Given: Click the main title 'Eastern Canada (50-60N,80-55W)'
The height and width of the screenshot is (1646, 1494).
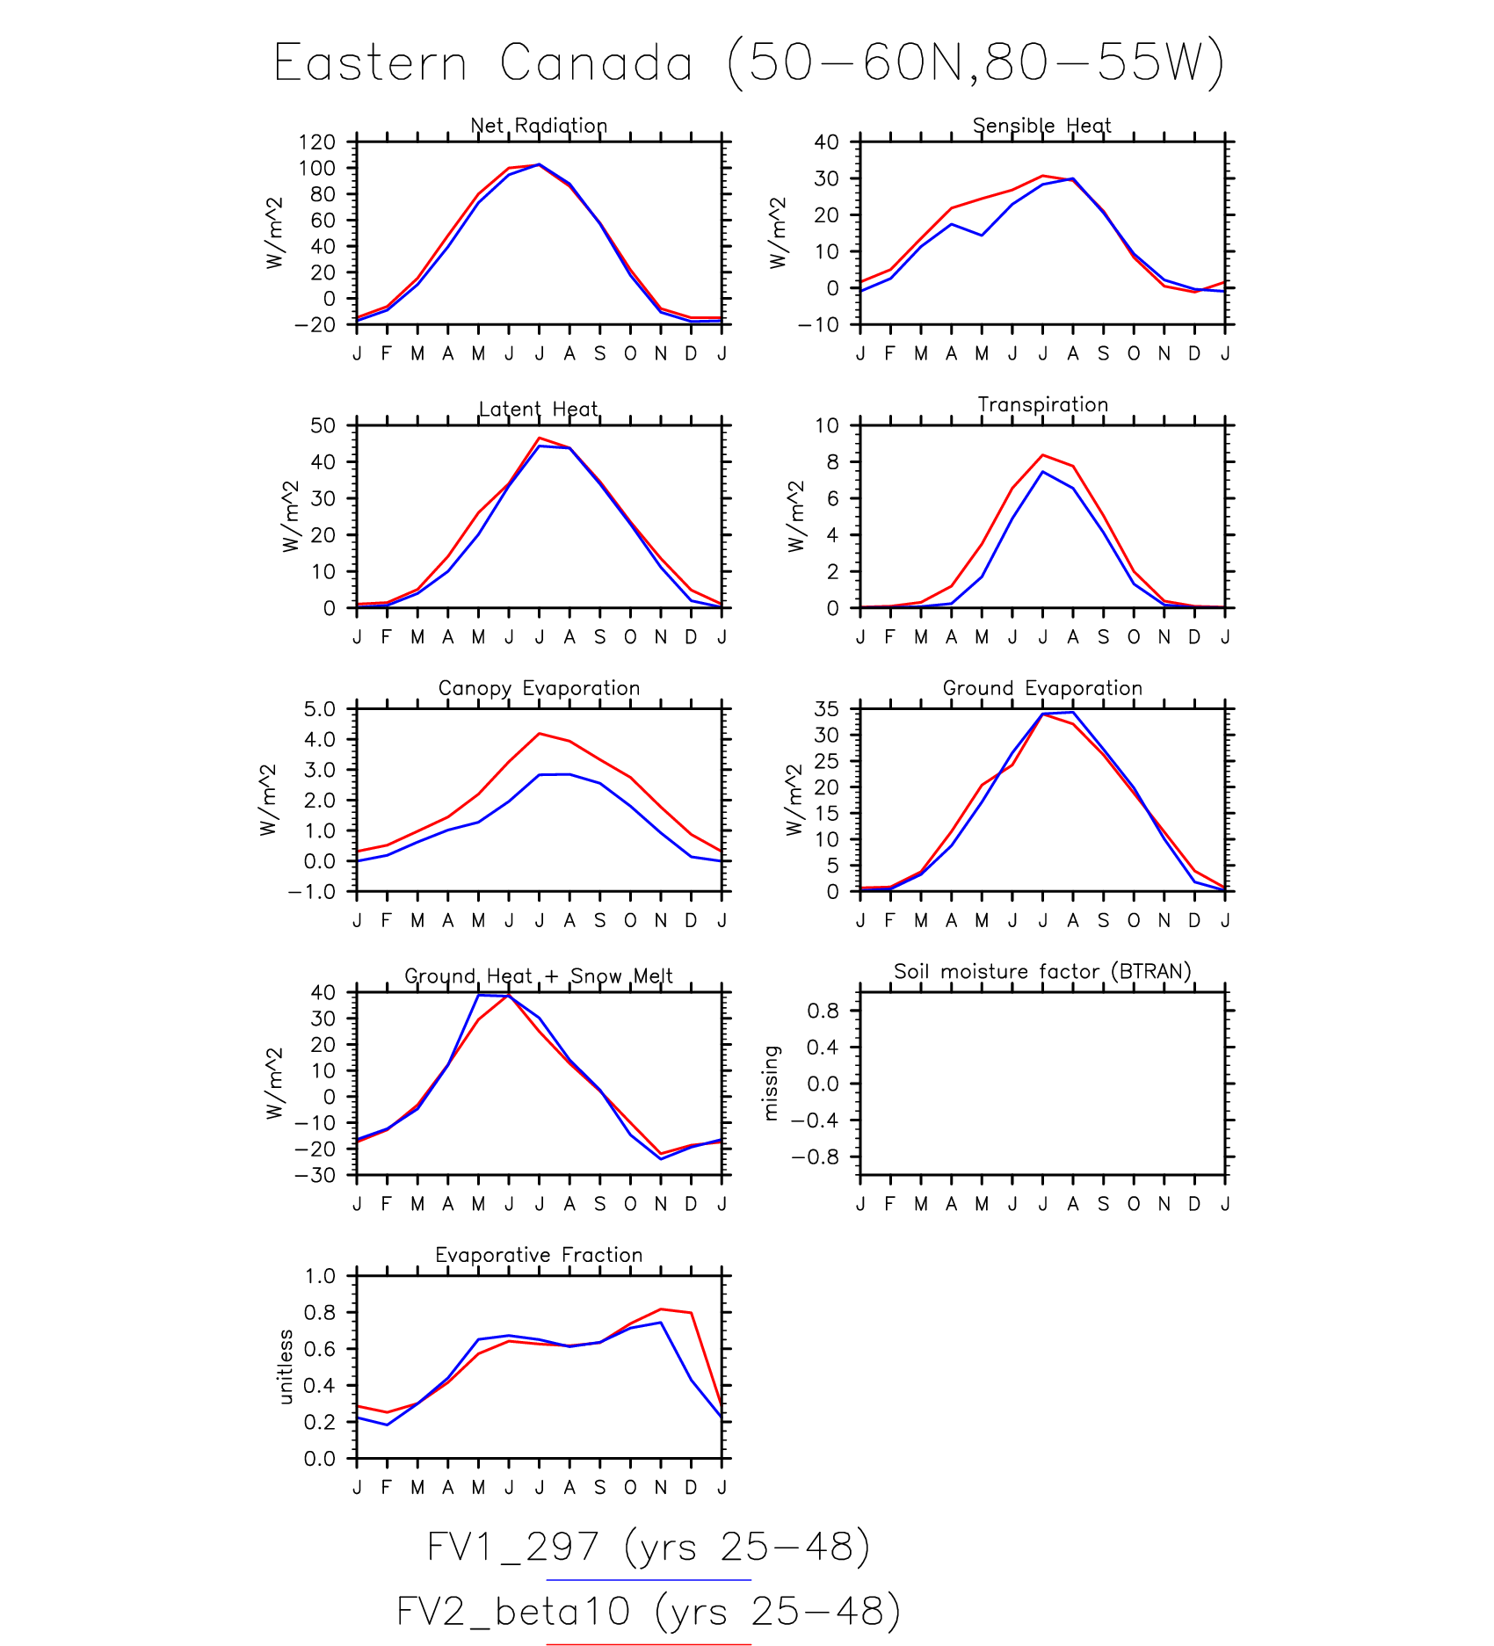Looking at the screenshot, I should (748, 63).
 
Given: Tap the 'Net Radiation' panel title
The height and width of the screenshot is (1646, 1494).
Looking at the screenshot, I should (539, 126).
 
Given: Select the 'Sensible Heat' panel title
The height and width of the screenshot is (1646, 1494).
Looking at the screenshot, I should (1041, 126).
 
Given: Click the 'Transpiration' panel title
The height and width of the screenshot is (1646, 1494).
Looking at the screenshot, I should (1042, 404).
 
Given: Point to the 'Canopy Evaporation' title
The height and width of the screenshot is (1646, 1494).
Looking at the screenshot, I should (539, 688).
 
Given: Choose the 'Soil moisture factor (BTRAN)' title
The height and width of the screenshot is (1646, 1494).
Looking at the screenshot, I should (1042, 971).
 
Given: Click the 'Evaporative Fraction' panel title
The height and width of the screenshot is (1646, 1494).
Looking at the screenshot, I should (539, 1255).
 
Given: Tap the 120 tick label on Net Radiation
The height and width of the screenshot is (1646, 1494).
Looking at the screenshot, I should (316, 141).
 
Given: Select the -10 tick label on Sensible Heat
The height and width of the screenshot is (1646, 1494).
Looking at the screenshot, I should (817, 325).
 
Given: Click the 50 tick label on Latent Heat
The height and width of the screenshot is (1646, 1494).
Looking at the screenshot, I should (323, 425).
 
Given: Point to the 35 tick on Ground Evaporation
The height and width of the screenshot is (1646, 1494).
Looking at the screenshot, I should (826, 708).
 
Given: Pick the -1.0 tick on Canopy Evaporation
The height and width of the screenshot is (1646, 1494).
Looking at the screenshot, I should (311, 892).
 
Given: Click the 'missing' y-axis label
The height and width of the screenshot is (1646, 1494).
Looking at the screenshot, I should (771, 1083).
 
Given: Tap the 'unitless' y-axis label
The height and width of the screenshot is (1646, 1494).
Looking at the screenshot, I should (285, 1367).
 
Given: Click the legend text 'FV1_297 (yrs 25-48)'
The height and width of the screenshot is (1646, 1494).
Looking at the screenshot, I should (648, 1547).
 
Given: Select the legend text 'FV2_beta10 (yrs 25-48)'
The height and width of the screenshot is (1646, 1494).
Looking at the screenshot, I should (648, 1611).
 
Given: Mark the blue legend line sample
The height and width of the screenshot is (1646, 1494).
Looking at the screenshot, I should (648, 1580).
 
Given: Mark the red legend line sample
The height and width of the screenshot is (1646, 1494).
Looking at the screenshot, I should (648, 1643).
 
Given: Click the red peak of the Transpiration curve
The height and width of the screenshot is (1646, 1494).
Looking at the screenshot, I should (1042, 455).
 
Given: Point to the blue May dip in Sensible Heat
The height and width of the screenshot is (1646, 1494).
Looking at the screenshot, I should (982, 236).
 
